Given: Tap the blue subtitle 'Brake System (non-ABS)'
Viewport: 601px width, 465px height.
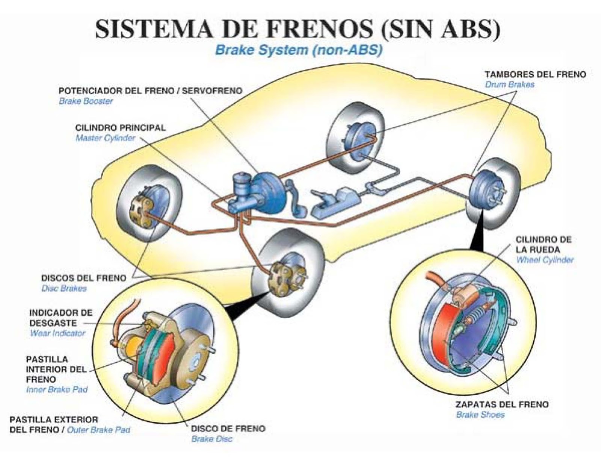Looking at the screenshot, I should (x=299, y=50).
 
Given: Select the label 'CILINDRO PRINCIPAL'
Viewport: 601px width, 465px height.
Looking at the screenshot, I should (x=120, y=128).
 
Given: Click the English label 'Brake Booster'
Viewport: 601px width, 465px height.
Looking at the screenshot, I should (x=86, y=101).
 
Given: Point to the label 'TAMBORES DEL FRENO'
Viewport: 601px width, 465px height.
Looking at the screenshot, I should (x=535, y=74).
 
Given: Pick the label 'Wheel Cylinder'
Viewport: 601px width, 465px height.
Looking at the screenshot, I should (x=544, y=260).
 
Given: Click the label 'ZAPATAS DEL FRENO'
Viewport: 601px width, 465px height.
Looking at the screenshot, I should (x=502, y=404).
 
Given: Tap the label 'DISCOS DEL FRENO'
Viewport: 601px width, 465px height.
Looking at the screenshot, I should (x=83, y=278).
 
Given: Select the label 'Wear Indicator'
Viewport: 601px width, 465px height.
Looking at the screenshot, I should (x=57, y=333).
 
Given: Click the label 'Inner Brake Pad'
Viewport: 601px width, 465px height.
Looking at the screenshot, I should (x=57, y=390).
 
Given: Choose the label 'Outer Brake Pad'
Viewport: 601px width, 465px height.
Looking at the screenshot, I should (x=98, y=430).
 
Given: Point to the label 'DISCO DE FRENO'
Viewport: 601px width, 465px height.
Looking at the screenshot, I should (x=228, y=429).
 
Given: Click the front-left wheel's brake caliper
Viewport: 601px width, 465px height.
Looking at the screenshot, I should (x=140, y=212).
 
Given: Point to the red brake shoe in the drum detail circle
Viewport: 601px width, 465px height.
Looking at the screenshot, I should (x=443, y=331).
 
